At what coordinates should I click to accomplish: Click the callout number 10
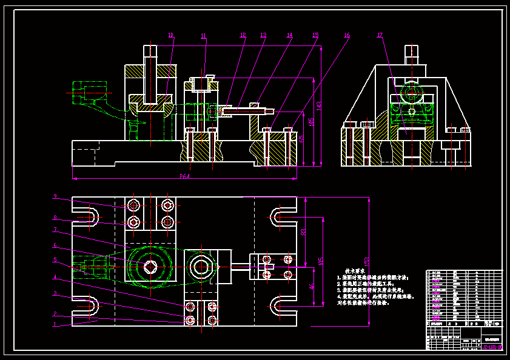(x=170, y=35)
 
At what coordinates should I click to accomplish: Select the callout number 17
(x=380, y=35)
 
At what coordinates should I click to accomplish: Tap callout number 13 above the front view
(x=263, y=35)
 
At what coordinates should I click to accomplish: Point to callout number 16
(x=347, y=35)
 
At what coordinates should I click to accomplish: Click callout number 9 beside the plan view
(x=55, y=196)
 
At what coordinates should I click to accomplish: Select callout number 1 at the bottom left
(x=55, y=324)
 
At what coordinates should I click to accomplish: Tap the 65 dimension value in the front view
(x=303, y=138)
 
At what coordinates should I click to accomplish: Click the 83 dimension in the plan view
(x=303, y=232)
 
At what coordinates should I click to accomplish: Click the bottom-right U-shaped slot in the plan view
(x=281, y=305)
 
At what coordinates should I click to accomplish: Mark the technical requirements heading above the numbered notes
(x=353, y=271)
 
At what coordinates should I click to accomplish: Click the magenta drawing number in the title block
(x=492, y=347)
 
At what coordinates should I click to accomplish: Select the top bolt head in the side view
(x=412, y=51)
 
